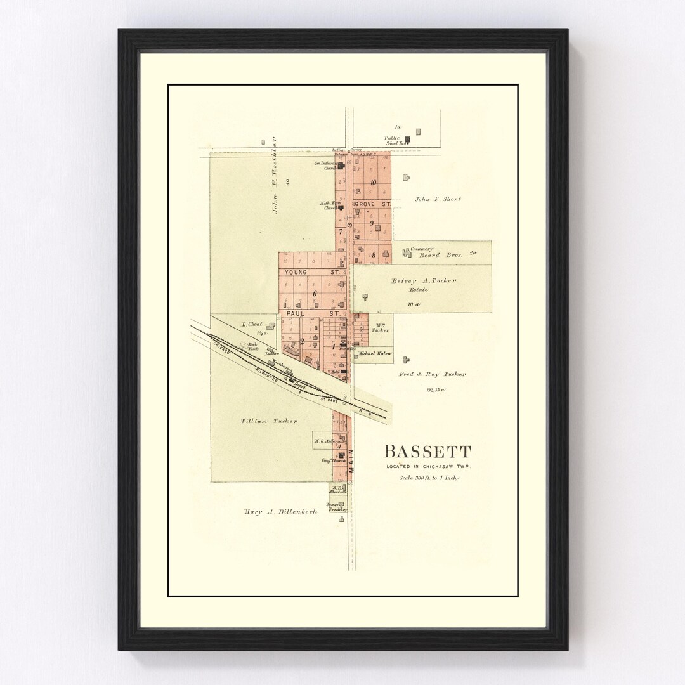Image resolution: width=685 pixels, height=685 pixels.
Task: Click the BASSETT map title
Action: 427,452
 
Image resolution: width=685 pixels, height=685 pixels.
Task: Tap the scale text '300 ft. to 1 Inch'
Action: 428,478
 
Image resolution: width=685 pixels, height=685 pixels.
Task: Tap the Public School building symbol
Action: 408,140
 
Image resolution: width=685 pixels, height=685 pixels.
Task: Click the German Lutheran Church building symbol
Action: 341,166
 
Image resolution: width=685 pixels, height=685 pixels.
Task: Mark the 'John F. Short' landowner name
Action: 438,199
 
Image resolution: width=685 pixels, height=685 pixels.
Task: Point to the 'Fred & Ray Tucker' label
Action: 433,374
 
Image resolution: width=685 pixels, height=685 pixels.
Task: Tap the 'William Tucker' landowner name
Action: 269,421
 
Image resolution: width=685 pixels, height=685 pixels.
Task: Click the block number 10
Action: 373,183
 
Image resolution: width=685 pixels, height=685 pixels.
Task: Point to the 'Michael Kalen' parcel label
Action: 374,353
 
